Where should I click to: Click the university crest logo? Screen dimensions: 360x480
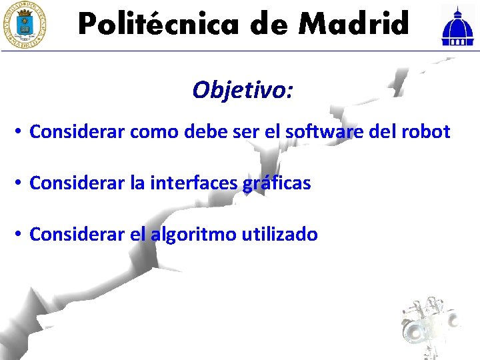click(25, 25)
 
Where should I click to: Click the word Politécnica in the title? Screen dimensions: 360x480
click(159, 25)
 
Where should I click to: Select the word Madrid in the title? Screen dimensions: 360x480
click(353, 25)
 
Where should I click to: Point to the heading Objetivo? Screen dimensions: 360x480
click(242, 89)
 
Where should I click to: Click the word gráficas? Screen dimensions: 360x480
click(277, 183)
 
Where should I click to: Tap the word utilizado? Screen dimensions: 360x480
click(280, 234)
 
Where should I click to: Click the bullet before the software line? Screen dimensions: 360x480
click(19, 132)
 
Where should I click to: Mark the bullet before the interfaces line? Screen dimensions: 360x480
click(19, 183)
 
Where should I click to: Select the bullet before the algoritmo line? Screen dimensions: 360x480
click(19, 235)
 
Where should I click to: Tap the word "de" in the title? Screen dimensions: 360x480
click(271, 25)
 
